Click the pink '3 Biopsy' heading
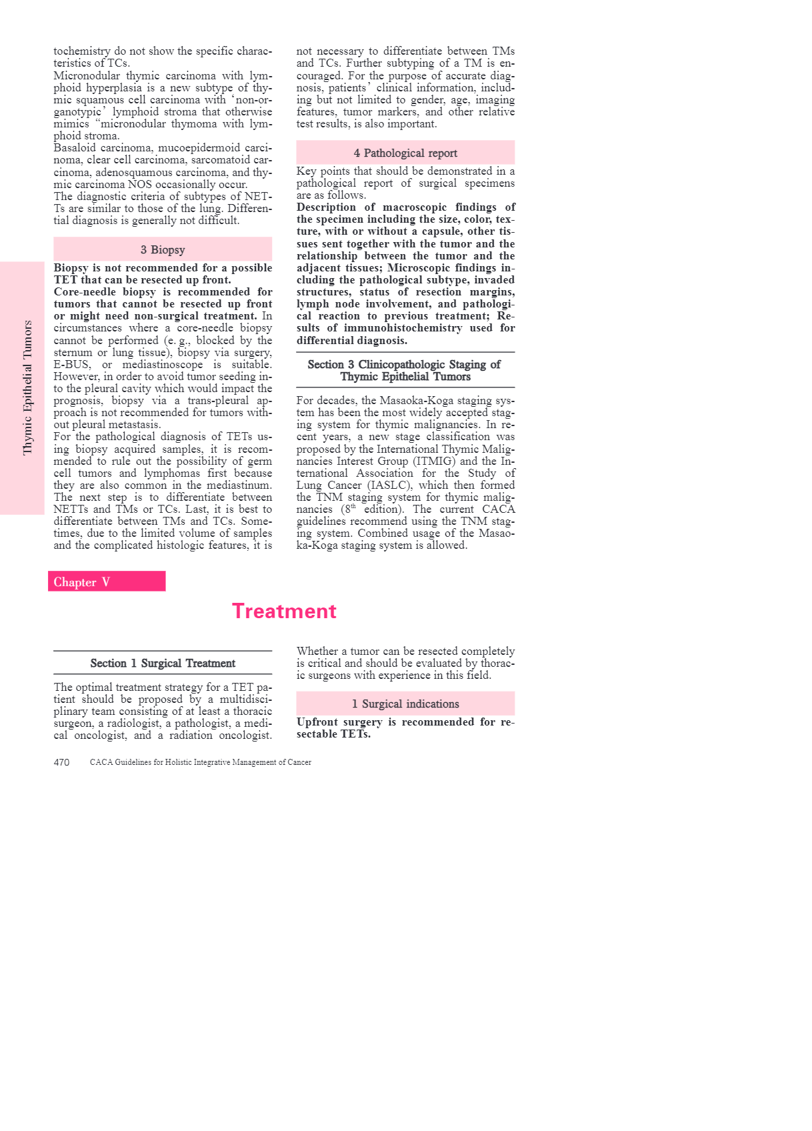tap(163, 249)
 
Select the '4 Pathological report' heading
tap(405, 153)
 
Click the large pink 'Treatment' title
tap(284, 611)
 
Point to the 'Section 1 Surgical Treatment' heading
tap(163, 663)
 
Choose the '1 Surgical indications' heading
tap(405, 704)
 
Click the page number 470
tap(61, 762)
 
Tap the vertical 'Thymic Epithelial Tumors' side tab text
tap(28, 387)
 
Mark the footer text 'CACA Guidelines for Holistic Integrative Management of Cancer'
tap(201, 762)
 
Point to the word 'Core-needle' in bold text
tap(85, 291)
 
